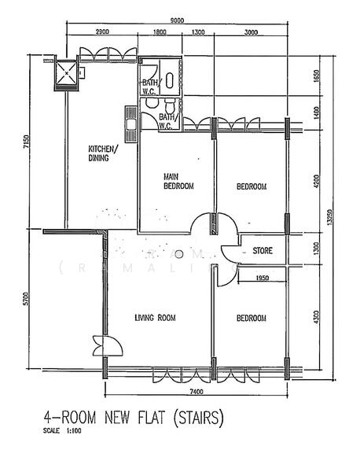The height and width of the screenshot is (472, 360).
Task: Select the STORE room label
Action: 263,252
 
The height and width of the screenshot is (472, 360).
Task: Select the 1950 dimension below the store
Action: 262,278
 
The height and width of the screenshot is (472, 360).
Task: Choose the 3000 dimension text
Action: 250,33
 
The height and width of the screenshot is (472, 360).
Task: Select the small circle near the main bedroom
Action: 179,254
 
